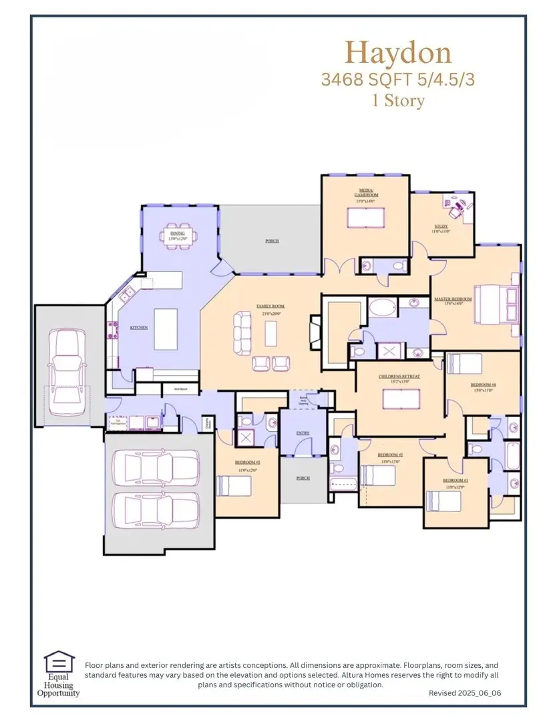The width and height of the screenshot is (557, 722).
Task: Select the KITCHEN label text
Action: (138, 328)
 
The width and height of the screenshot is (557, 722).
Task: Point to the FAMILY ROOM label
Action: (269, 306)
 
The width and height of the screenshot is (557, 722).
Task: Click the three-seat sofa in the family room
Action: (241, 332)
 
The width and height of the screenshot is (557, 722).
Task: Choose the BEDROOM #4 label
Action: (483, 385)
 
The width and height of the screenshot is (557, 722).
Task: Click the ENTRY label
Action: (303, 433)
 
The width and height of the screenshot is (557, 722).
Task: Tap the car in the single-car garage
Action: (67, 365)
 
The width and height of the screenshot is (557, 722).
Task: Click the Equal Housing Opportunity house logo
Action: (56, 663)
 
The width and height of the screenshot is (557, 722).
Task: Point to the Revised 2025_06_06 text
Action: (464, 694)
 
